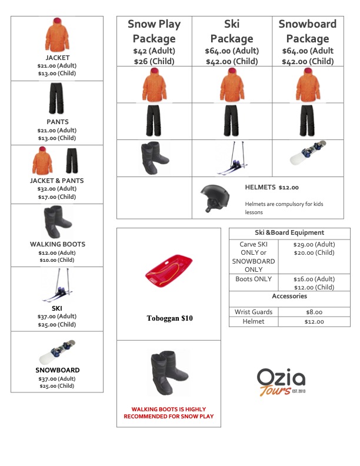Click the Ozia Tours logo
[x=281, y=382]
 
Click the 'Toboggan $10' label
[x=169, y=318]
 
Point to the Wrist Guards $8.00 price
[x=314, y=312]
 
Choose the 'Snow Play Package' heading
[x=154, y=31]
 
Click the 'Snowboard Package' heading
[x=307, y=31]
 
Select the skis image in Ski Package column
[x=231, y=158]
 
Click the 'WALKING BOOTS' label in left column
[x=57, y=244]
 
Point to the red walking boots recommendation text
[x=168, y=412]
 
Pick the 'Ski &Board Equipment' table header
[x=289, y=233]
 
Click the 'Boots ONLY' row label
[x=254, y=279]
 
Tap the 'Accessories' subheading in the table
[x=289, y=297]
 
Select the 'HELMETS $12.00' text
[x=271, y=188]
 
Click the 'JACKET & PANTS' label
[x=57, y=181]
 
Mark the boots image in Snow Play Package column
[x=155, y=158]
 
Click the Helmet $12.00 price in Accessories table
[x=314, y=322]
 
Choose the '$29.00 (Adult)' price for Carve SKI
[x=314, y=244]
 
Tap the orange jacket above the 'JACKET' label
[x=57, y=35]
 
